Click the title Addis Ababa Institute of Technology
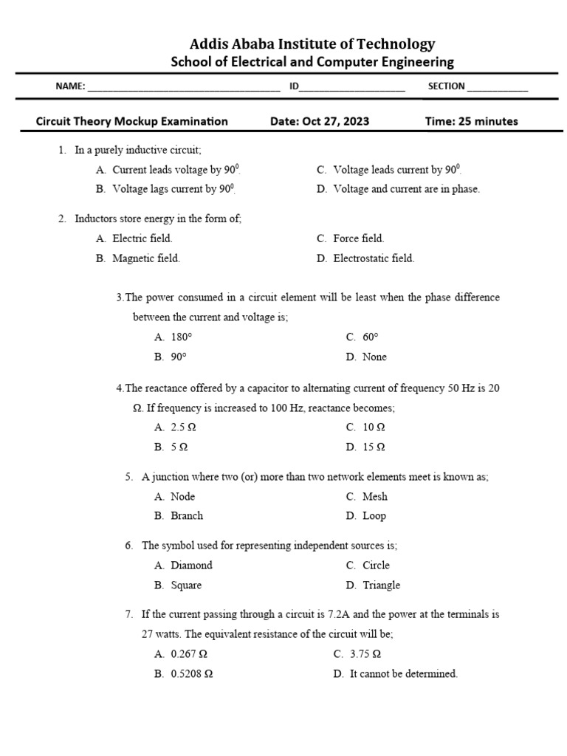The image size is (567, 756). (312, 44)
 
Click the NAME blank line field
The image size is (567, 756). (184, 87)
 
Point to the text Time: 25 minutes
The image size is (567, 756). (472, 121)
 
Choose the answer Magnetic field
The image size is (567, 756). (145, 258)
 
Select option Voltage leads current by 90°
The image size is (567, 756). (398, 170)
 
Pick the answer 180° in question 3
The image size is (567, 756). (181, 337)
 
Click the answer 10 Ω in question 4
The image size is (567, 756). (374, 427)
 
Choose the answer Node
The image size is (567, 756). (182, 496)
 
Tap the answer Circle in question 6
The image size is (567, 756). (376, 565)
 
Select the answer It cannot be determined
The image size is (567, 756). (403, 673)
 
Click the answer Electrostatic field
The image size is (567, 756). (374, 258)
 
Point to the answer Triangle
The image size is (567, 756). (381, 585)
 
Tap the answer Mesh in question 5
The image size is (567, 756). (374, 496)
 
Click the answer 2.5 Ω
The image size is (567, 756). (183, 427)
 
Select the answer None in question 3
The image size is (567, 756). (374, 357)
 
